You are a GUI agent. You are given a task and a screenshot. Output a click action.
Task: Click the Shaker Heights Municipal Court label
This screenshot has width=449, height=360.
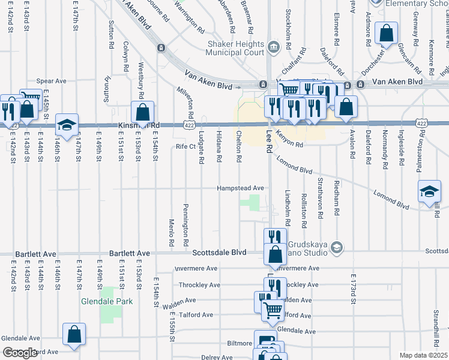[x=235, y=49]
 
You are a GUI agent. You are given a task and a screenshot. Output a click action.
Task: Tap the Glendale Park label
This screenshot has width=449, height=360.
[x=107, y=302]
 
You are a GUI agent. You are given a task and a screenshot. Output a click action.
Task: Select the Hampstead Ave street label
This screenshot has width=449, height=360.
[x=241, y=188]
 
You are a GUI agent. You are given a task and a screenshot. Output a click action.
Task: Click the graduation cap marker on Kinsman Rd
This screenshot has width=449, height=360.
[x=67, y=124]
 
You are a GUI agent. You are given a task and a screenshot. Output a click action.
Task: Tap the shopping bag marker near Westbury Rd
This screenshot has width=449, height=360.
[x=143, y=111]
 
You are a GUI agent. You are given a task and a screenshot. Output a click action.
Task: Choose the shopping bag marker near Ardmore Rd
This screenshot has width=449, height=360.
[x=386, y=32]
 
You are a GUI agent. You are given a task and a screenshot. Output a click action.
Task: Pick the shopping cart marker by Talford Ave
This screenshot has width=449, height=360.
[x=272, y=310]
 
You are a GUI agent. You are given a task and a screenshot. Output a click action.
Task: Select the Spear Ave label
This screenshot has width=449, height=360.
[x=51, y=80]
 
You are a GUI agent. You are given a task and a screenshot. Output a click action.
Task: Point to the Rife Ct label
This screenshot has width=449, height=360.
[x=185, y=146]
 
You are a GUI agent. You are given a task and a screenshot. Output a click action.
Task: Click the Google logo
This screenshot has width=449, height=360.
[x=20, y=353]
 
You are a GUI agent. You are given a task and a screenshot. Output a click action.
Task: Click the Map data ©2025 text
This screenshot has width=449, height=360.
[x=423, y=355]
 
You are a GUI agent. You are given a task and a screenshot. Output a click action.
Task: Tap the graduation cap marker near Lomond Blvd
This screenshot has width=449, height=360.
[x=430, y=191]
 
